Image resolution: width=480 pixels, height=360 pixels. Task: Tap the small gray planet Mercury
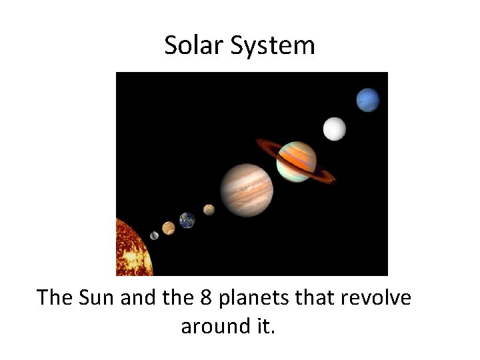click(155, 235)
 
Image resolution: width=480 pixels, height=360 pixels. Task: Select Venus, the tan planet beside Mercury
click(169, 228)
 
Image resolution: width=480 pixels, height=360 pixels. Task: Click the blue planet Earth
click(187, 220)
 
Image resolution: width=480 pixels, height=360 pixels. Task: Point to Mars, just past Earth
click(209, 210)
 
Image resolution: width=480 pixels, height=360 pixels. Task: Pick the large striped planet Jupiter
click(246, 189)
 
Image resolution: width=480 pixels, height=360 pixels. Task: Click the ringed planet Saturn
click(297, 161)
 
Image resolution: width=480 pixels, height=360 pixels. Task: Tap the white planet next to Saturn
click(335, 129)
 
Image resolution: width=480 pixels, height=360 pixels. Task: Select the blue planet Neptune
click(367, 100)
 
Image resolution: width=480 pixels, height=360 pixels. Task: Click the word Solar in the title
click(191, 45)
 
